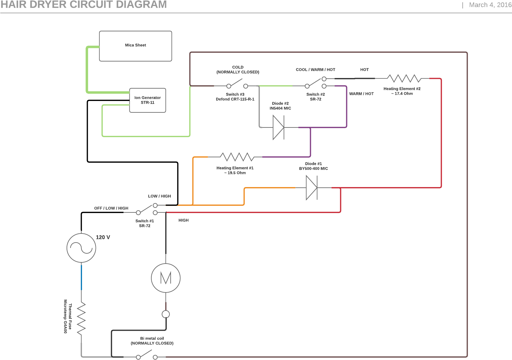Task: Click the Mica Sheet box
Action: coord(135,46)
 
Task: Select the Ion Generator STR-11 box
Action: coord(147,100)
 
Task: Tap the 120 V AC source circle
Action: coord(81,248)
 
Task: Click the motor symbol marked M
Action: coord(166,278)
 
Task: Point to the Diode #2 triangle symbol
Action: coord(278,128)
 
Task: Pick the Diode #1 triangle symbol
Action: coord(311,188)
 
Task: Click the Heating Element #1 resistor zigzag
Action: coord(237,157)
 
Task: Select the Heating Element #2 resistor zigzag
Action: coord(404,79)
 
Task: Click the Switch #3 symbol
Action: coord(237,84)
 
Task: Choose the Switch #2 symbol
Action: coord(315,83)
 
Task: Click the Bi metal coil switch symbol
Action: coord(147,355)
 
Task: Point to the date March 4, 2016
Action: coord(490,5)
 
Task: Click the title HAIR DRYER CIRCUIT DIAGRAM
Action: coord(84,5)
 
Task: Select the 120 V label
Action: coord(103,237)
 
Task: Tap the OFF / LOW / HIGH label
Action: coord(111,208)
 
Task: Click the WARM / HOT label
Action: coord(361,94)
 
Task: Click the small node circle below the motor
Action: coord(166,314)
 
